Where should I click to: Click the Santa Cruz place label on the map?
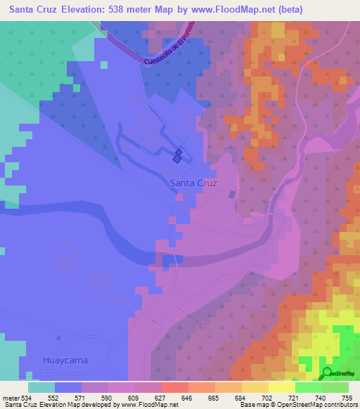point(193,183)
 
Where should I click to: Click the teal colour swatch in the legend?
point(41,387)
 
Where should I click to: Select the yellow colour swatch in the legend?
point(281,387)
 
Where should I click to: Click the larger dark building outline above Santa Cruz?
point(176,159)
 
